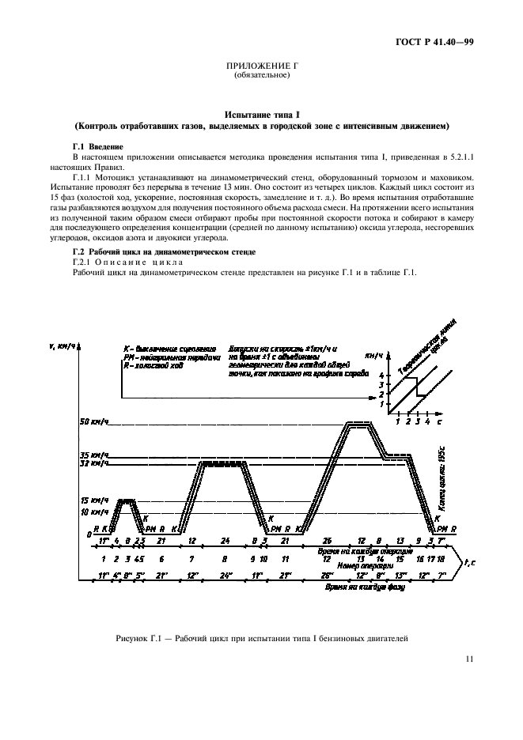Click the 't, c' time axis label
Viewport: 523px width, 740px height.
pyautogui.click(x=468, y=562)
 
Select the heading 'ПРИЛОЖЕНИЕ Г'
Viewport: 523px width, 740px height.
pyautogui.click(x=261, y=67)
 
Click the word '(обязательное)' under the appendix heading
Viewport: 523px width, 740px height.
pyautogui.click(x=261, y=76)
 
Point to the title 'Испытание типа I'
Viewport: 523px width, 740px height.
pyautogui.click(x=261, y=115)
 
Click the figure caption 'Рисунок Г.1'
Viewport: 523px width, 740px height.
pyautogui.click(x=261, y=637)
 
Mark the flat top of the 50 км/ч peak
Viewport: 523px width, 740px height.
pyautogui.click(x=358, y=423)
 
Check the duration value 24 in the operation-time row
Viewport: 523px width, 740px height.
pyautogui.click(x=225, y=540)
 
